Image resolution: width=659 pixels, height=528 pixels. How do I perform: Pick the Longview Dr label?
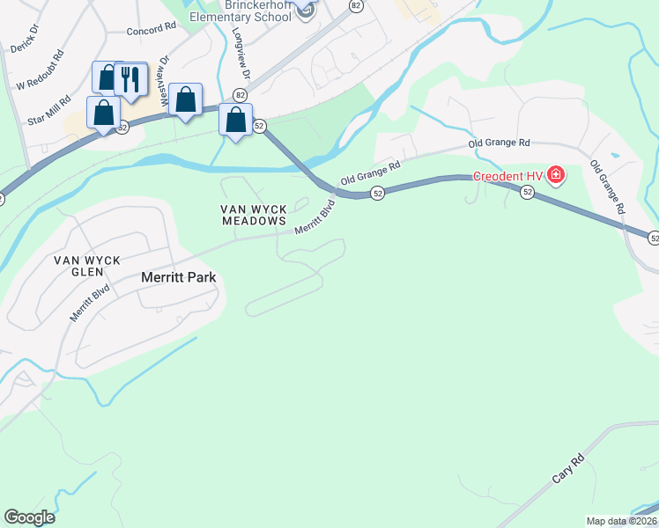pyautogui.click(x=242, y=53)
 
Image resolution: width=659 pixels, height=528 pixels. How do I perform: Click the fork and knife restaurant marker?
pyautogui.click(x=130, y=79)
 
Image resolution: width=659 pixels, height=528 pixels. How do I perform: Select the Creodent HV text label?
pyautogui.click(x=508, y=176)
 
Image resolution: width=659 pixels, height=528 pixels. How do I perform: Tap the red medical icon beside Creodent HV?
pyautogui.click(x=555, y=175)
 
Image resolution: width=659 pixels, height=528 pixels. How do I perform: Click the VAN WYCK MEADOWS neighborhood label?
pyautogui.click(x=254, y=215)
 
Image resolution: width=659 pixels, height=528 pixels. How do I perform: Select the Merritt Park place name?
pyautogui.click(x=179, y=277)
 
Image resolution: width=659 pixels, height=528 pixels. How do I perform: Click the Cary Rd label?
pyautogui.click(x=568, y=469)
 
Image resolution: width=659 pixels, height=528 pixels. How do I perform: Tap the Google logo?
pyautogui.click(x=29, y=517)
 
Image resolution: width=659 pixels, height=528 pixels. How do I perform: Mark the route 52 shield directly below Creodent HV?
pyautogui.click(x=528, y=192)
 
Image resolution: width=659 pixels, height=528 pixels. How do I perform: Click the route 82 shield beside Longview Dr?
pyautogui.click(x=240, y=94)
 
